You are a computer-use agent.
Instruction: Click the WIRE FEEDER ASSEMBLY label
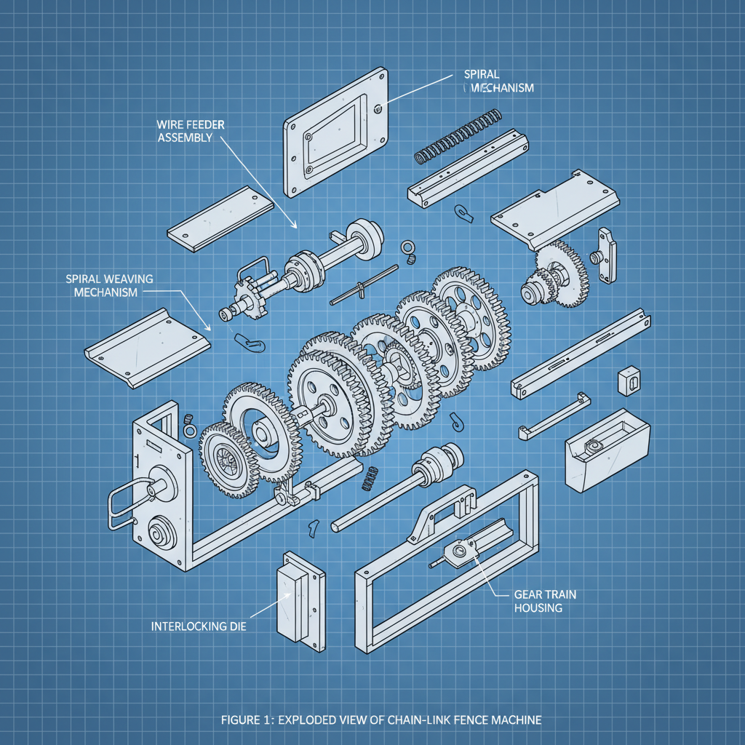coord(191,131)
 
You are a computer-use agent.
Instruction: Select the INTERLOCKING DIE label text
coord(198,626)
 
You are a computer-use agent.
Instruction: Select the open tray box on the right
coord(607,449)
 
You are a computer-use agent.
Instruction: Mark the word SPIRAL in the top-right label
coord(481,74)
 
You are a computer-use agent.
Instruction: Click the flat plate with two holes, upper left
coord(220,217)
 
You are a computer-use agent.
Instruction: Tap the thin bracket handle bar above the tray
coord(553,416)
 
